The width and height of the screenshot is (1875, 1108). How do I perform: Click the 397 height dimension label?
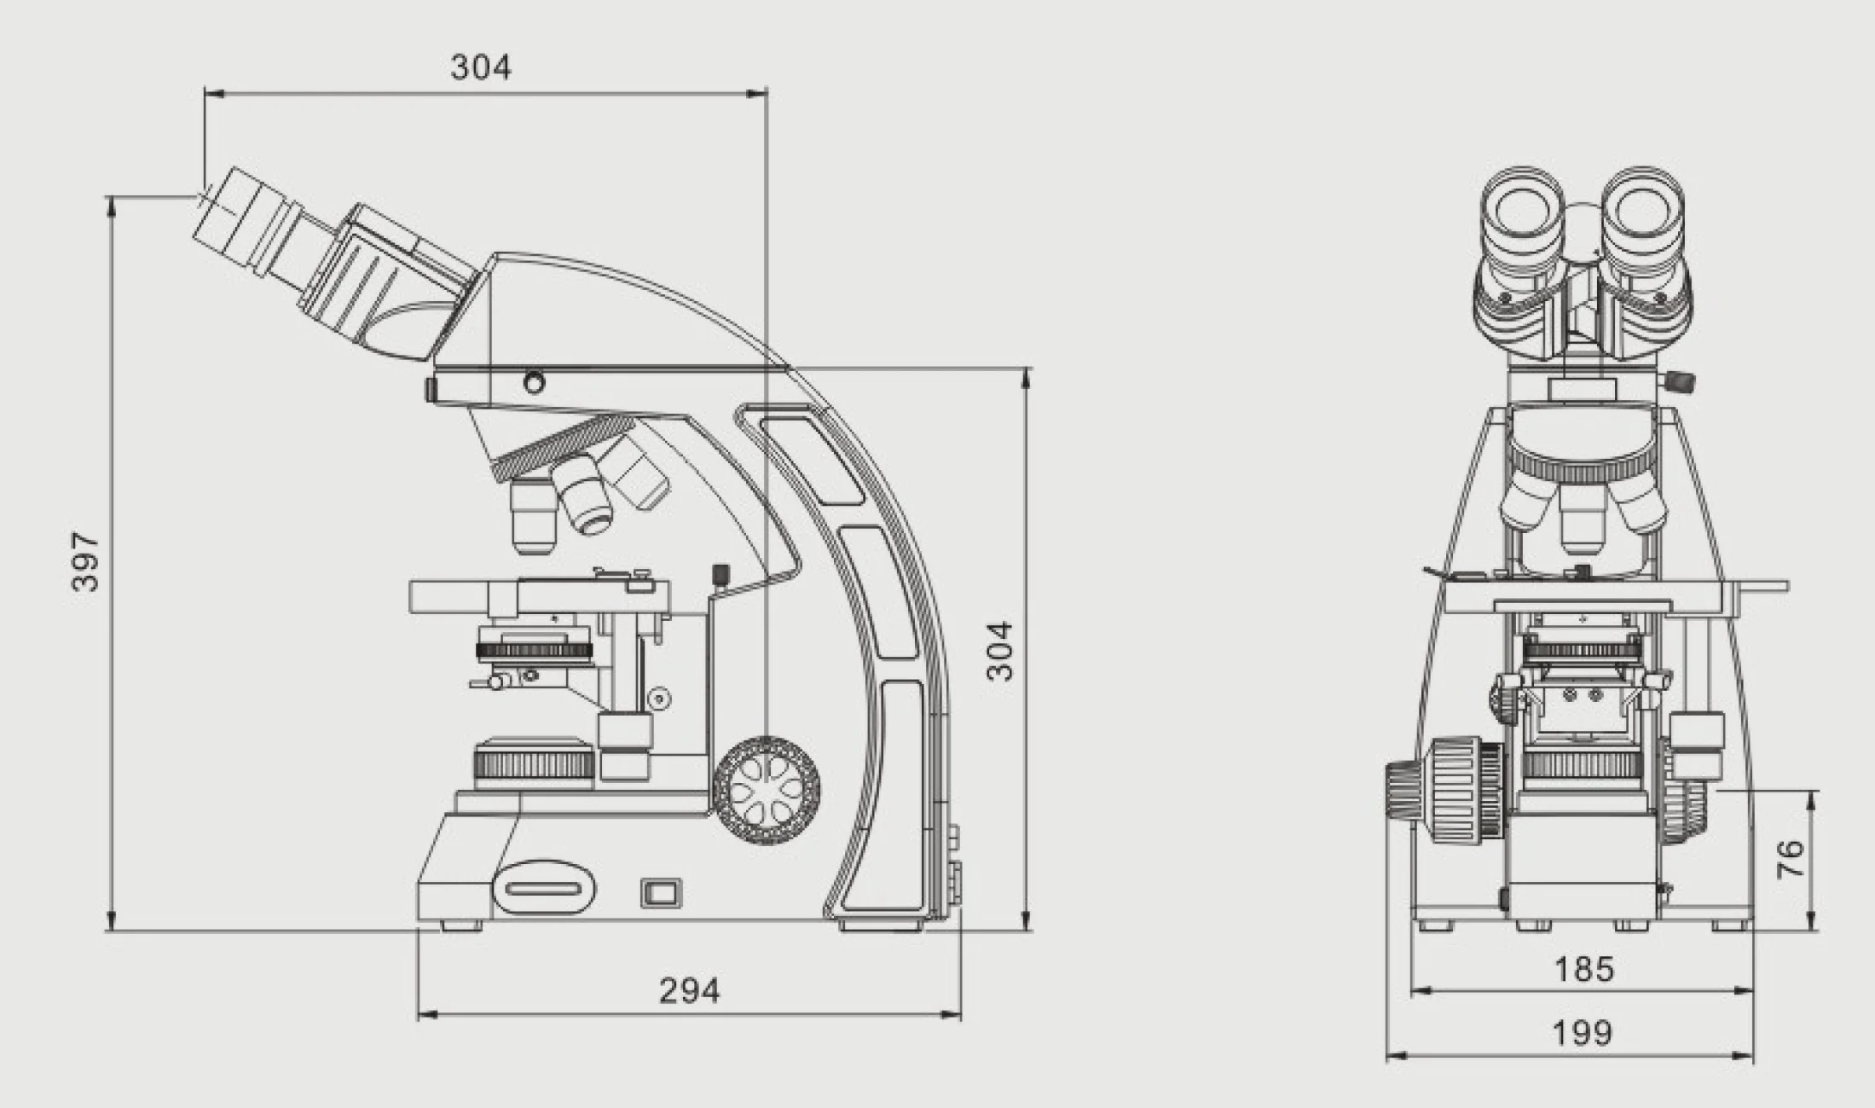tap(86, 561)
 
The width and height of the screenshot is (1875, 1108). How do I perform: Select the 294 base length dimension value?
tap(689, 990)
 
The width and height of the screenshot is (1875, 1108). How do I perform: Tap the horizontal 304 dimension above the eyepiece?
tap(481, 67)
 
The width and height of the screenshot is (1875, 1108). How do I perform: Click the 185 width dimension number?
tap(1584, 969)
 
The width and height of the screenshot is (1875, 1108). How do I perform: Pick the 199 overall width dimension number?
tap(1583, 1033)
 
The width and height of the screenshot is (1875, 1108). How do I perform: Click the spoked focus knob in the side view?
tap(767, 791)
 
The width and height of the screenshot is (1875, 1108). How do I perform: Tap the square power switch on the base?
tap(660, 892)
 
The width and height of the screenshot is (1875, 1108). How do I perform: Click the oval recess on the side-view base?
tap(543, 888)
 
